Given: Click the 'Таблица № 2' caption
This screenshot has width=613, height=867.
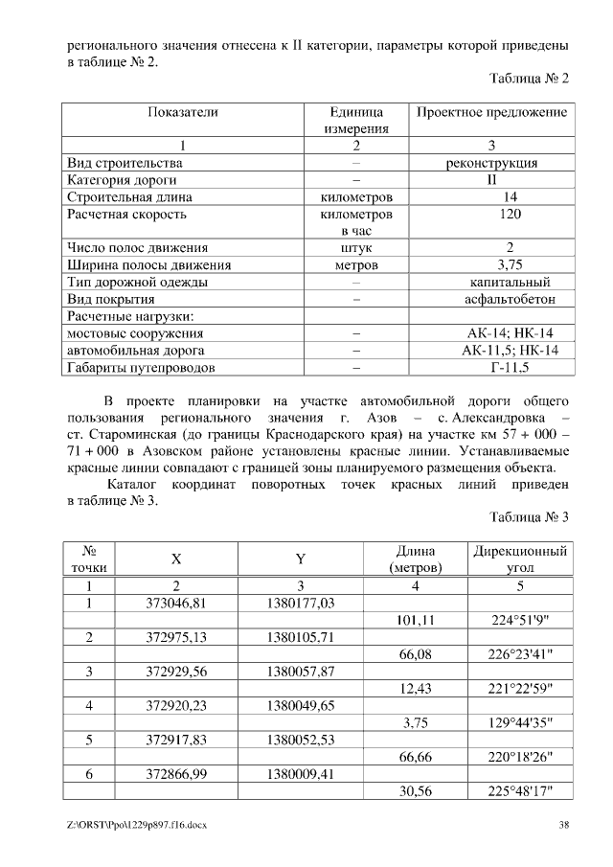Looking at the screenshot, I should (x=530, y=79).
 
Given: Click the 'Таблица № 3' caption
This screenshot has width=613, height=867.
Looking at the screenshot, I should (x=530, y=517).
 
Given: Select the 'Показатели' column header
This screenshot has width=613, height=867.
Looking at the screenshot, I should (x=183, y=113).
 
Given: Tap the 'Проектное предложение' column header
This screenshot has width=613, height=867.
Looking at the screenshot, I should (x=491, y=113).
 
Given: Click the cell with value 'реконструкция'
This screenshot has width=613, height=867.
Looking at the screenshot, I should (x=491, y=163).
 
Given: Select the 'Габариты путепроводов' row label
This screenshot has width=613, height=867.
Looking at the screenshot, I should (x=141, y=368).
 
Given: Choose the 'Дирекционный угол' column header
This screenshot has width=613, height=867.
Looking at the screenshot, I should (x=520, y=559).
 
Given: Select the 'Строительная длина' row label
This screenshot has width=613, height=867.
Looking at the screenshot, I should (x=128, y=197).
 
